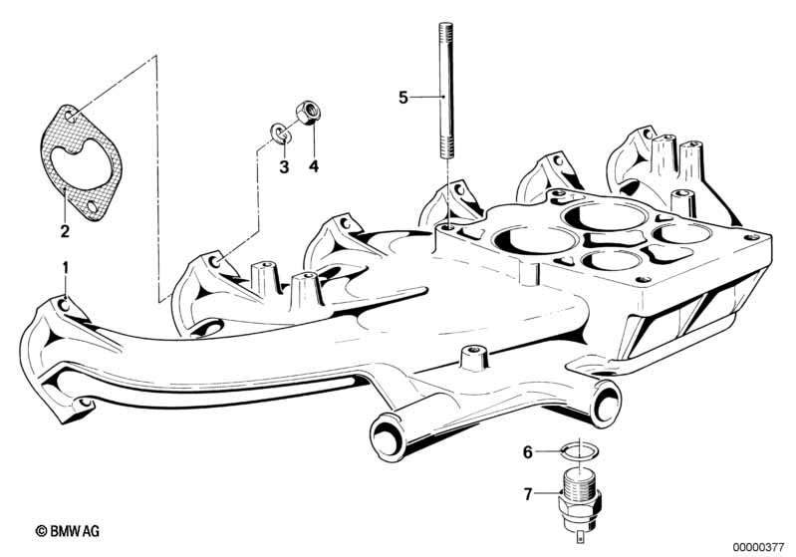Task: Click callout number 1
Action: [x=65, y=268]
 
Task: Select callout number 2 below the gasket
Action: [x=65, y=231]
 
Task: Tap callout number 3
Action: [x=284, y=166]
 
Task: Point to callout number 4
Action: [x=314, y=166]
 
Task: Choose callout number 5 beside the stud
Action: [x=403, y=98]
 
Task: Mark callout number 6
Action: [x=528, y=452]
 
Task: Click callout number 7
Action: [x=528, y=493]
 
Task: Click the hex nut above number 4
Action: [x=308, y=113]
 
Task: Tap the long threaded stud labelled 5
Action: [x=445, y=92]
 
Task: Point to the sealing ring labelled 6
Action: [x=581, y=449]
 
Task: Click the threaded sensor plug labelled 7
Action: [x=579, y=501]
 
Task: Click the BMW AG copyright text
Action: [x=68, y=531]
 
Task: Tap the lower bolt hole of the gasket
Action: [x=93, y=207]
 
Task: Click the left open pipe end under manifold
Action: [x=388, y=436]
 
